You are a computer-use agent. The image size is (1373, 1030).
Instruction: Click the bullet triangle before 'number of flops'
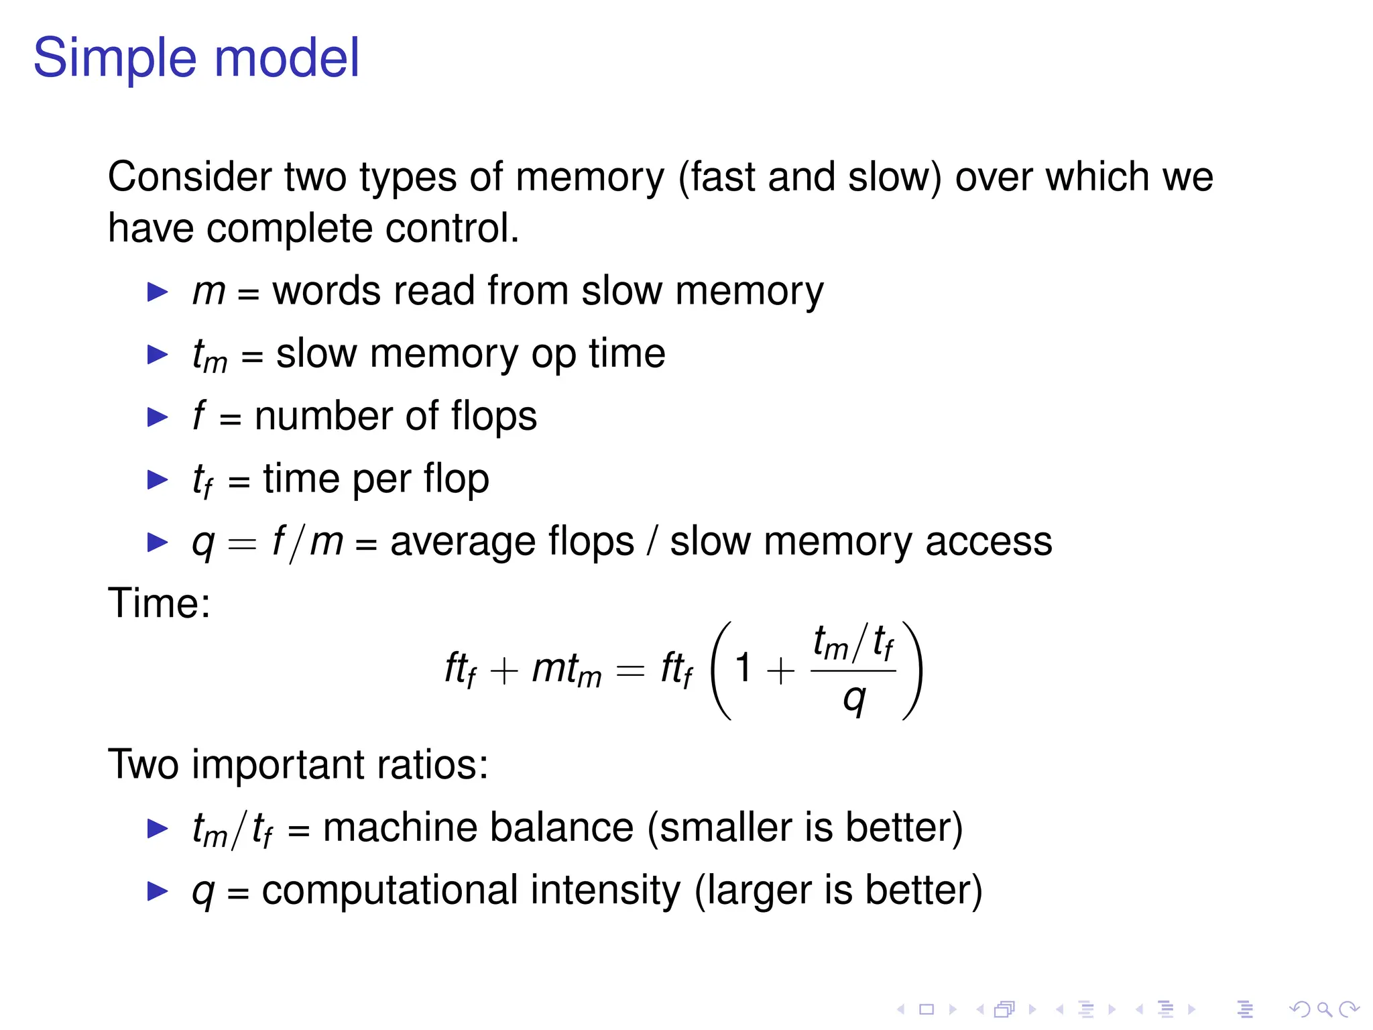(158, 417)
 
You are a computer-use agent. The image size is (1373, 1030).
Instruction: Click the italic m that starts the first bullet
(208, 292)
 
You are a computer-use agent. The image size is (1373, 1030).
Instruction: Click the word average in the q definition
(512, 542)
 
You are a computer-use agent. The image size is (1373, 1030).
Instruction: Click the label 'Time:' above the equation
(159, 604)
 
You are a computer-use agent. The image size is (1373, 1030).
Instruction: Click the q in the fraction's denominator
(854, 699)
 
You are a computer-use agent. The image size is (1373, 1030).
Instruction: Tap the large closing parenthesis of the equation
(913, 670)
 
